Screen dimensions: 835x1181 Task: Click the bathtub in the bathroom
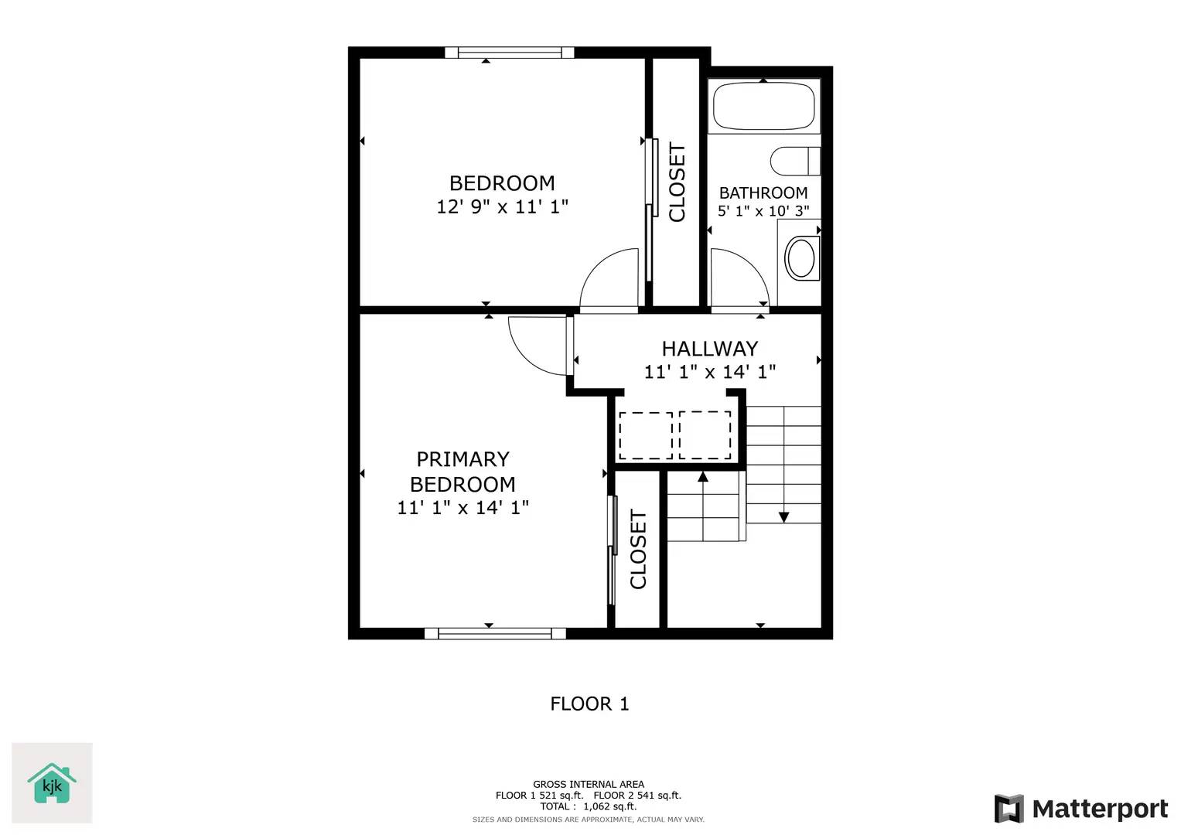(763, 107)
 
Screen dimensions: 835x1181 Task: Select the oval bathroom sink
(802, 257)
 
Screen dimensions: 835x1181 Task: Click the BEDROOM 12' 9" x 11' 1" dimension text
(502, 206)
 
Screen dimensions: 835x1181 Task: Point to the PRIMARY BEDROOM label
(463, 472)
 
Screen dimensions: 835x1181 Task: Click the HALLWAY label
(709, 349)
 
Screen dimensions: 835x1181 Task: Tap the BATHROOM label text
(763, 193)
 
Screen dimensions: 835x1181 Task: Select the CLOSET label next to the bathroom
(677, 182)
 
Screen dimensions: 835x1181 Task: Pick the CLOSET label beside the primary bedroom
(638, 549)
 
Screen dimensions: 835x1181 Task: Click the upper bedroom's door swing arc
(609, 278)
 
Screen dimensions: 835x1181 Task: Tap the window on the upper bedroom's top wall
(509, 53)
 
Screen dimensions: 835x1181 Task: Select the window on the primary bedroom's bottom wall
(495, 633)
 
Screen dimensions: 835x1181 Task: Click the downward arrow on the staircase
(783, 516)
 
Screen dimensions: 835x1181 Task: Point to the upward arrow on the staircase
(703, 477)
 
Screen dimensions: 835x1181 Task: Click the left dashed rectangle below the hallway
(646, 435)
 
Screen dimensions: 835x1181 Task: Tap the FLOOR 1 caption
(589, 704)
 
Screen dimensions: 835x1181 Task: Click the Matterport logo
(1080, 809)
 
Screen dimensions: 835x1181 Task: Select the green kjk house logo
(52, 783)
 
